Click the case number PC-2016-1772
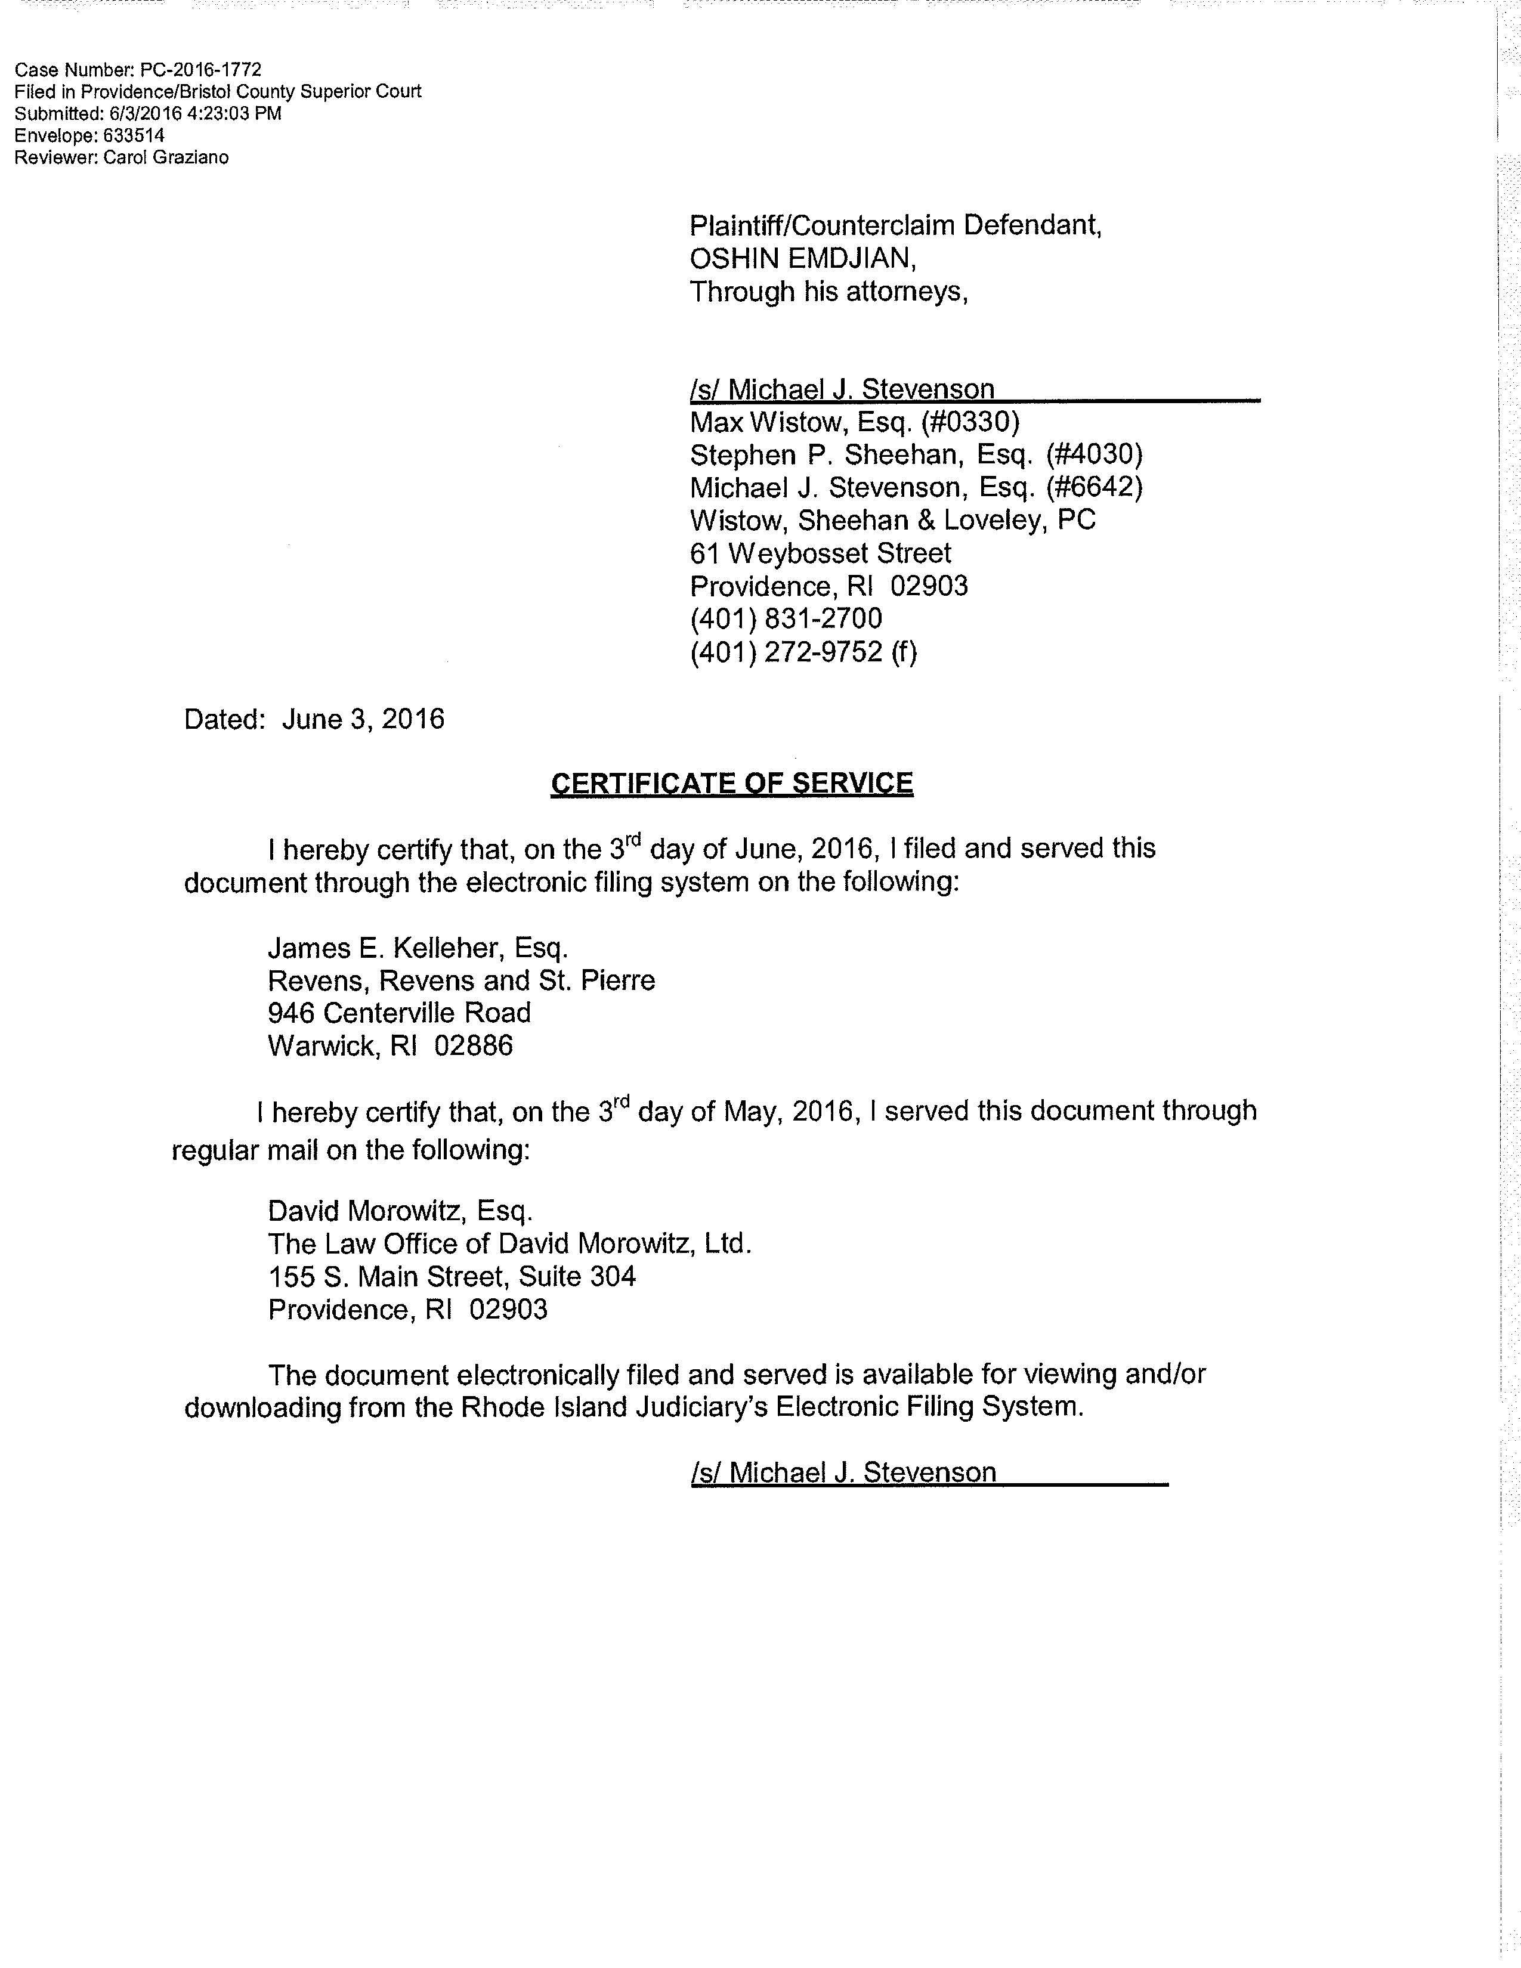(201, 69)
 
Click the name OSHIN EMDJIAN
(802, 259)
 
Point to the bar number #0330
(970, 422)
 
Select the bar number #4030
(1094, 454)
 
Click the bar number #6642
(1094, 487)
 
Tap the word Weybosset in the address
(800, 553)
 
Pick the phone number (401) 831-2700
(786, 619)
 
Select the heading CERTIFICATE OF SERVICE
(732, 783)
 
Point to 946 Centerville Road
(399, 1013)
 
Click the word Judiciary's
(701, 1407)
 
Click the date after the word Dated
(363, 719)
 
